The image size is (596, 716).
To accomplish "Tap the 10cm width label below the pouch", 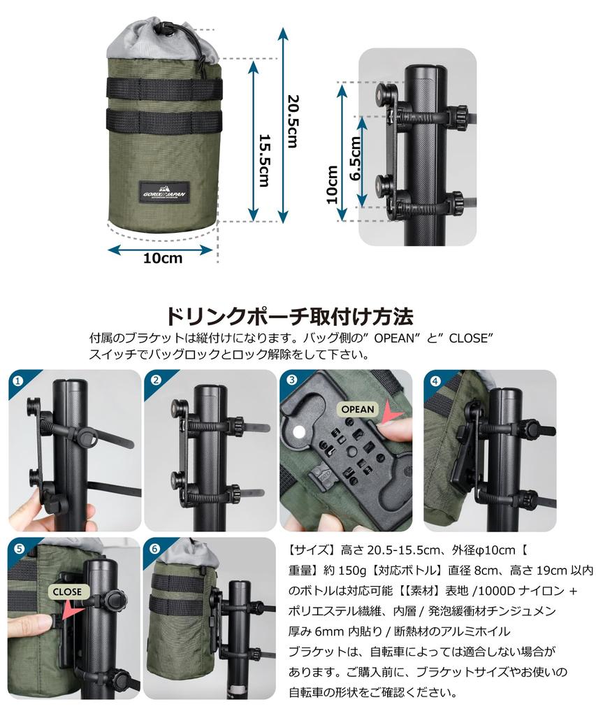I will click(163, 259).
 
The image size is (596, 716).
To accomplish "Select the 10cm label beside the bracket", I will click(333, 184).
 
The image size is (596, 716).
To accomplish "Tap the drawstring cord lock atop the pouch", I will click(166, 30).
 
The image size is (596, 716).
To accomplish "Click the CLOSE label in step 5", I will click(66, 592).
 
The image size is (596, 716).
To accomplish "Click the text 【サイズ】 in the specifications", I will click(312, 549).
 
